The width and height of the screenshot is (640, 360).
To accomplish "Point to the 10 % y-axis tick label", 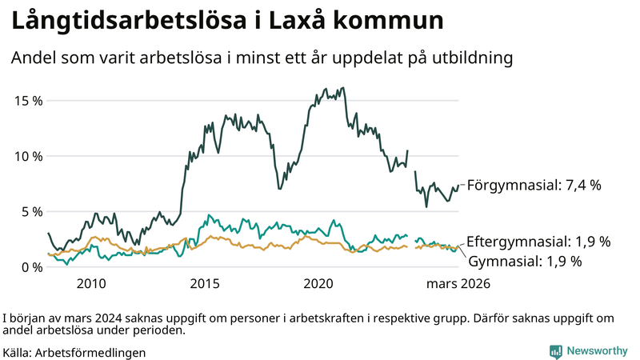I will pyautogui.click(x=26, y=156).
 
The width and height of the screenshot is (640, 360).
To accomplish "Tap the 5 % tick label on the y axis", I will pyautogui.click(x=30, y=211).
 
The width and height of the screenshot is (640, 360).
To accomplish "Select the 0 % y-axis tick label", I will pyautogui.click(x=30, y=267).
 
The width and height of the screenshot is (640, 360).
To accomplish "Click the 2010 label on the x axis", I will pyautogui.click(x=91, y=283).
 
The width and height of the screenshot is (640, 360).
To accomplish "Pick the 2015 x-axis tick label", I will pyautogui.click(x=206, y=283).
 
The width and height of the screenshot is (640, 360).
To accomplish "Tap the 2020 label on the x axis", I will pyautogui.click(x=319, y=283).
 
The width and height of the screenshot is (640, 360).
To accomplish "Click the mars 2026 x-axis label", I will pyautogui.click(x=458, y=283).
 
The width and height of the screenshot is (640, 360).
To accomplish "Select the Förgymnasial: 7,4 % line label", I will pyautogui.click(x=534, y=185).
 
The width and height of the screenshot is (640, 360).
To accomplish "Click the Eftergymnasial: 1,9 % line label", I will pyautogui.click(x=538, y=241).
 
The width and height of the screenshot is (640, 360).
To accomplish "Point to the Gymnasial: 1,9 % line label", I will pyautogui.click(x=524, y=261).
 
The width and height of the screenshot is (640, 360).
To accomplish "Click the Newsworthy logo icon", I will pyautogui.click(x=555, y=351).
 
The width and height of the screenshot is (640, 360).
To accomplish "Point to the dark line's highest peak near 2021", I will pyautogui.click(x=342, y=88).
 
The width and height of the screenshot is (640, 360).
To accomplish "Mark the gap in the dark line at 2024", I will pyautogui.click(x=411, y=160).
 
